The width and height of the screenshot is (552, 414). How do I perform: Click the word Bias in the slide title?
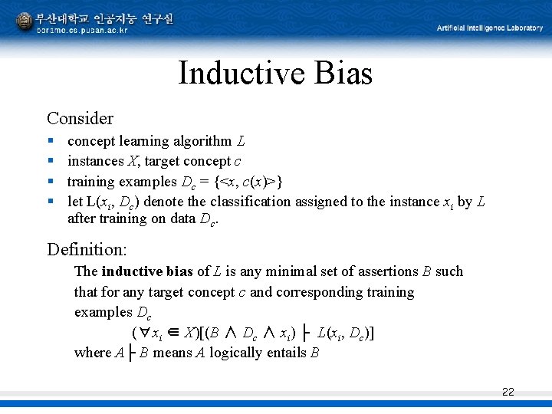coord(343,74)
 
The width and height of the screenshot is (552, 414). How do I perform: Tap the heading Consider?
coord(80,118)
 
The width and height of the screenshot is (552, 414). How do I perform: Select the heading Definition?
coord(87,249)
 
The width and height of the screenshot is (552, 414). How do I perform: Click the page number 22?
coord(508,392)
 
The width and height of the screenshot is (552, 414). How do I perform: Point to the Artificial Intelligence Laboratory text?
coord(489,28)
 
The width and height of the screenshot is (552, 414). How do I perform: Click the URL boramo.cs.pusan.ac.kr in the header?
coord(82,30)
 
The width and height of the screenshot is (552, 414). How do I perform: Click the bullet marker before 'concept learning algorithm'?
coord(50,141)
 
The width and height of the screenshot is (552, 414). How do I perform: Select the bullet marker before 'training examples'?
coord(50,182)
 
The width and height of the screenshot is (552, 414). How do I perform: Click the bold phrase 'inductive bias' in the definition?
coord(147,271)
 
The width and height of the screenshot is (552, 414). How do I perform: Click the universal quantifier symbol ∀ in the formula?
coord(143,333)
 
